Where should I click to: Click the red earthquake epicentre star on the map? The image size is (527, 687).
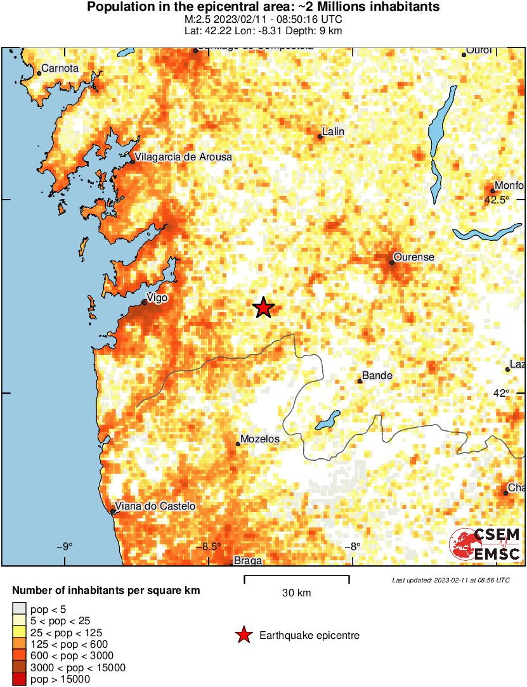click(264, 308)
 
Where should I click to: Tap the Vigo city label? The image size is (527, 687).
click(157, 297)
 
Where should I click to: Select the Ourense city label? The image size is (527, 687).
click(413, 257)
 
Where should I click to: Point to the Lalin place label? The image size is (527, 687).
click(333, 132)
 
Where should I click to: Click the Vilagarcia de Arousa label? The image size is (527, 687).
click(184, 157)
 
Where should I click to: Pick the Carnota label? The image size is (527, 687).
click(60, 68)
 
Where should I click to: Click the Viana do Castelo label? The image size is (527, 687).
click(155, 506)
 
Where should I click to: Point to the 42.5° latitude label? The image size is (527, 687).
click(497, 200)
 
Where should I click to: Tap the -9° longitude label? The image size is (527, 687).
click(64, 547)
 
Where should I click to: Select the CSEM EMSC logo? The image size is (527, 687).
click(485, 544)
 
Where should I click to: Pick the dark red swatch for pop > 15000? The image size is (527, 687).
click(19, 679)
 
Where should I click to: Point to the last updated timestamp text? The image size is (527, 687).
click(450, 580)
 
